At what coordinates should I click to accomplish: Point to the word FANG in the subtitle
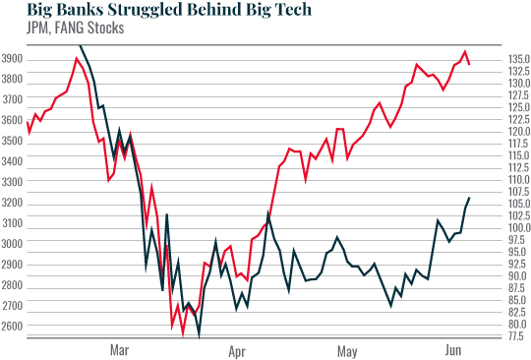tap(56, 29)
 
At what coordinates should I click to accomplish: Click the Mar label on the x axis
tap(119, 349)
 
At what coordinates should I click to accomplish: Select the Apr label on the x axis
tap(236, 349)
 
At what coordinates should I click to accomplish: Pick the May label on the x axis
tap(346, 349)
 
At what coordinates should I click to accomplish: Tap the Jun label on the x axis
tap(454, 349)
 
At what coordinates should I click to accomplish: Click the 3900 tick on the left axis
tap(15, 59)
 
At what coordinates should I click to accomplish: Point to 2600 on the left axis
tap(15, 326)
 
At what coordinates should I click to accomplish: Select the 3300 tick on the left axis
tap(15, 182)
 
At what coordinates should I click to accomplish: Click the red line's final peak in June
tap(465, 51)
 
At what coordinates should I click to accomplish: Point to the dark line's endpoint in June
tap(469, 198)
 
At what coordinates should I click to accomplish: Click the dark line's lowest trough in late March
tap(200, 335)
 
